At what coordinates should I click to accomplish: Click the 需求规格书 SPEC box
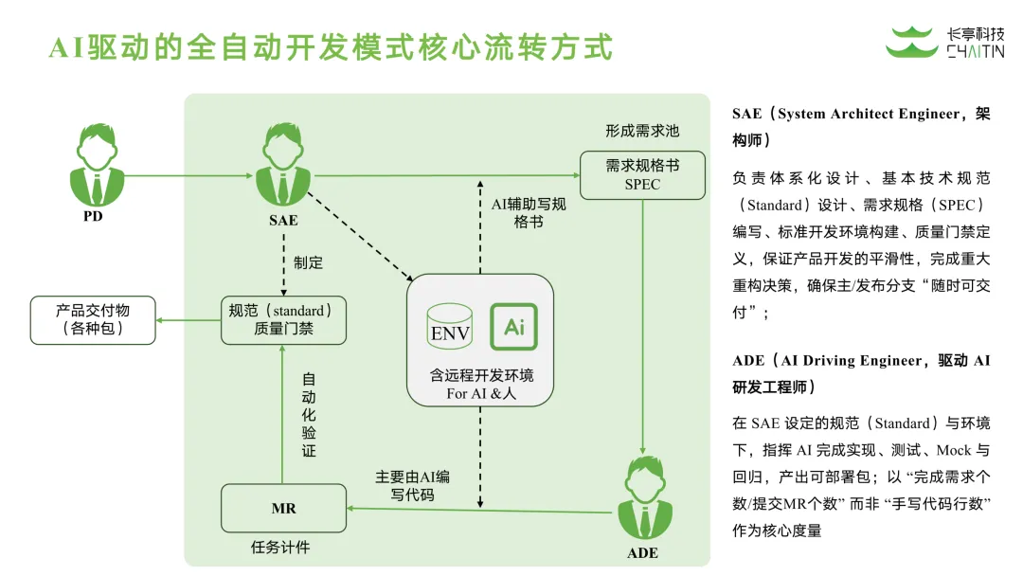point(642,174)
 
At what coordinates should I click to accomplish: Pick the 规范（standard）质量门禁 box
point(283,319)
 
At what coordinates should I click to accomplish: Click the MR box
point(283,509)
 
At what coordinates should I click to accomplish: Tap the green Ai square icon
point(513,326)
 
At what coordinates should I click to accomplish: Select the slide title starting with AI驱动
point(331,45)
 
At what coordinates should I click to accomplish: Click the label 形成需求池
point(642,131)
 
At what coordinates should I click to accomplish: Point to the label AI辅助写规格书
point(528,212)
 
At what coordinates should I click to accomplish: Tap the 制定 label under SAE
point(309,262)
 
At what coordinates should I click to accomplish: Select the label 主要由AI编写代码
point(411,485)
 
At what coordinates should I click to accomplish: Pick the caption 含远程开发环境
point(481,375)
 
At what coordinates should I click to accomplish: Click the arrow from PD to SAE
point(185,175)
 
